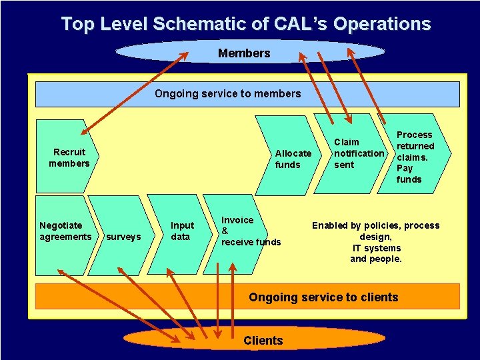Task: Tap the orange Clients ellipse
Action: tap(263, 341)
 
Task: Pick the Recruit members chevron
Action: tap(67, 157)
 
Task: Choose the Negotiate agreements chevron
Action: tap(64, 231)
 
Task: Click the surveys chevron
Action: tap(123, 237)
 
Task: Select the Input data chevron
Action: tap(181, 231)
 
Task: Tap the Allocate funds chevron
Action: tap(292, 159)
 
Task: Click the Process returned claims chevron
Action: tap(414, 157)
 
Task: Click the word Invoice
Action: tap(237, 220)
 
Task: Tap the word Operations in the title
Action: tap(382, 25)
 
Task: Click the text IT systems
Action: tap(376, 248)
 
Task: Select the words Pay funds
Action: tap(409, 174)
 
